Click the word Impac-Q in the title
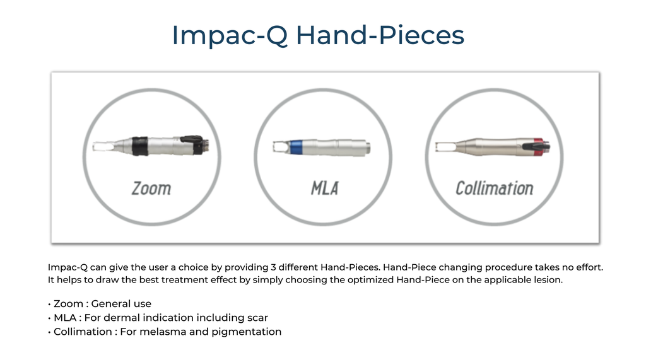(x=230, y=36)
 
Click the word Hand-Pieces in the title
(x=380, y=35)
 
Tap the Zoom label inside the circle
(x=151, y=189)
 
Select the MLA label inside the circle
(x=325, y=189)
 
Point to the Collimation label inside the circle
(x=495, y=189)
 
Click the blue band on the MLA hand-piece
(x=297, y=147)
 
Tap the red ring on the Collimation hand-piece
(x=539, y=147)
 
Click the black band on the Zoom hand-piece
(x=140, y=146)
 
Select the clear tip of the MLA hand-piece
(x=281, y=147)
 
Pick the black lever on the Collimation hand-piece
(x=536, y=146)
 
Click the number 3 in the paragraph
(x=273, y=267)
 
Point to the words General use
(x=121, y=303)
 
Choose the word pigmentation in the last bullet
(x=247, y=332)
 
